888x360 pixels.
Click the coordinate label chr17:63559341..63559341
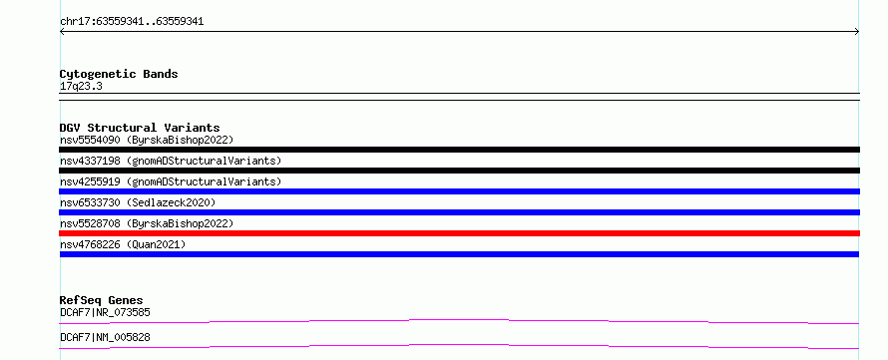[132, 22]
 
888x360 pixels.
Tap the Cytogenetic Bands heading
[119, 74]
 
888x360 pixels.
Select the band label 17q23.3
[81, 87]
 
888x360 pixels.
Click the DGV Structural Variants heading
[140, 128]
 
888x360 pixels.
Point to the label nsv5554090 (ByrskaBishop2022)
[147, 140]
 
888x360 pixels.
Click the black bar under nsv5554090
[459, 150]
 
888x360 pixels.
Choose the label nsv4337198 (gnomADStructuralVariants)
[171, 161]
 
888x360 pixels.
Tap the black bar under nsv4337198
[459, 171]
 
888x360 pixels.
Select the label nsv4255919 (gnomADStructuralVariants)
[171, 181]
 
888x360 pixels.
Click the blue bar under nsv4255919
[459, 191]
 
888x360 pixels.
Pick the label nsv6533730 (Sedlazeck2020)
[138, 202]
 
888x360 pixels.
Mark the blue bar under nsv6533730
[459, 212]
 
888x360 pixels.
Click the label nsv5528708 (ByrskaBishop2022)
[147, 223]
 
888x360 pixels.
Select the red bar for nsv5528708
[459, 233]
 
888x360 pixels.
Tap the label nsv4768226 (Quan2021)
[123, 244]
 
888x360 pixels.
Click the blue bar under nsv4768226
[459, 254]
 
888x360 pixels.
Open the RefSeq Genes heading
[102, 300]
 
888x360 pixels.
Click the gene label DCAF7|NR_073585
[105, 312]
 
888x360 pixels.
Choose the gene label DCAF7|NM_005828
[105, 338]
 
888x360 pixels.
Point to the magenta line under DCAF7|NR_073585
[459, 320]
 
